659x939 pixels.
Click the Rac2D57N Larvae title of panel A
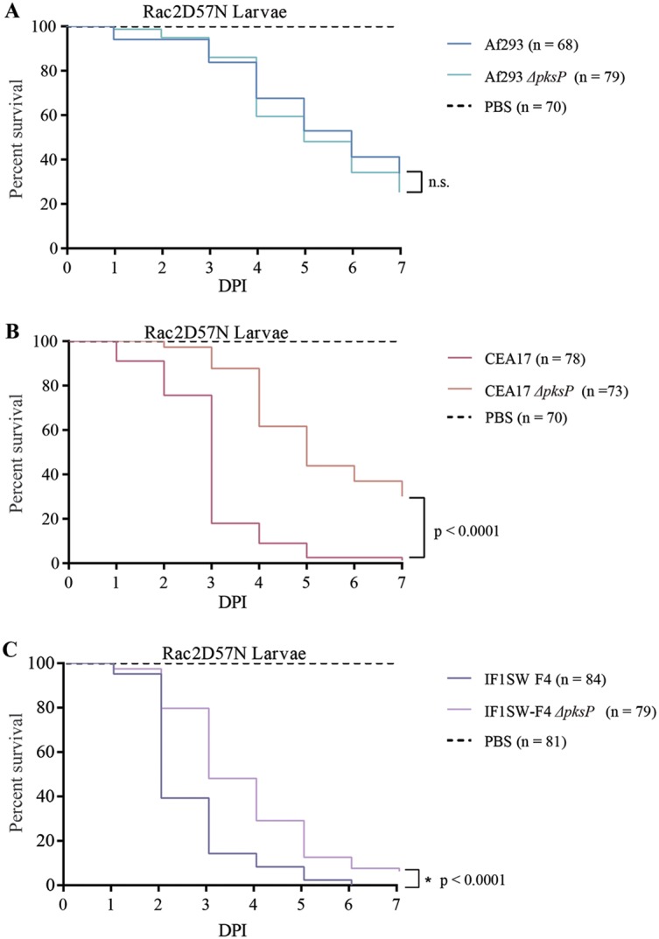pos(200,12)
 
